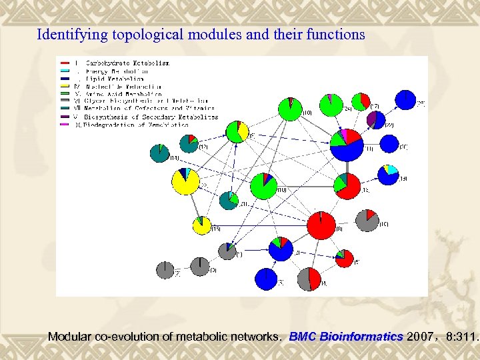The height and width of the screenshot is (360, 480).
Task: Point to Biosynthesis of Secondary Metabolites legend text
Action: [x=151, y=117]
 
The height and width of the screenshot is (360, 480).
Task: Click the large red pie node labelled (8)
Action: [x=321, y=225]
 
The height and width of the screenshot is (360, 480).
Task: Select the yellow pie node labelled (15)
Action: [x=202, y=225]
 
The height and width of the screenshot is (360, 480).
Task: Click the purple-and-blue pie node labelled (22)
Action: [x=376, y=120]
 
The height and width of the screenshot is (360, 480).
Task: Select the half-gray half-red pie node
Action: [x=310, y=279]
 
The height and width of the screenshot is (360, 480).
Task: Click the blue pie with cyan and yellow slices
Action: [x=388, y=174]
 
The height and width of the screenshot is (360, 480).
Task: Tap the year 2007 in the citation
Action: [x=419, y=337]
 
